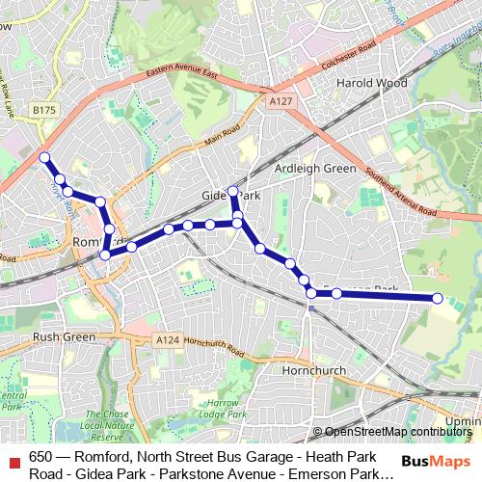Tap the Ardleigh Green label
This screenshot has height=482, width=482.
(316, 168)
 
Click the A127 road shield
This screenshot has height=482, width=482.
(281, 100)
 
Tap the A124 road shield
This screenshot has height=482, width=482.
(167, 339)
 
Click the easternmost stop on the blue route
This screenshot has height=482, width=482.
(437, 299)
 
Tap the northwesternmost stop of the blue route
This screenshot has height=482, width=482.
(44, 156)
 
